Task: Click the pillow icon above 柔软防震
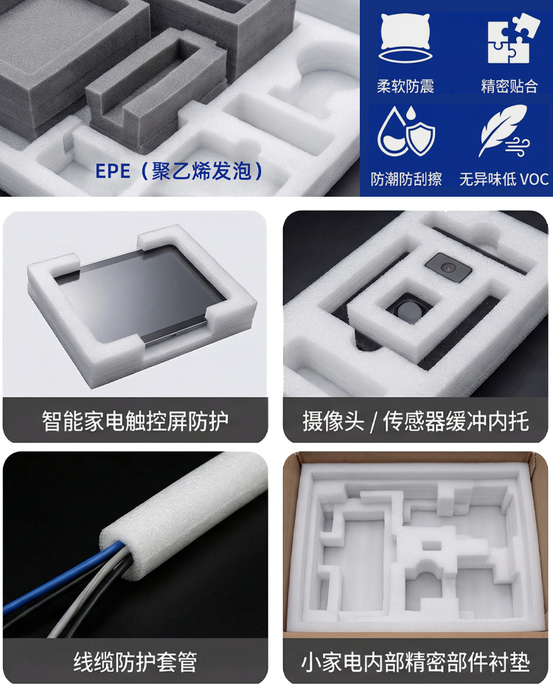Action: click(x=406, y=38)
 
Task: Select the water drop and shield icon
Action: click(x=406, y=131)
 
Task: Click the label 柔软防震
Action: click(x=406, y=86)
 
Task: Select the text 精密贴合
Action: click(x=509, y=86)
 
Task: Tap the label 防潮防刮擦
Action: click(x=406, y=180)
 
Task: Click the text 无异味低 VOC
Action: click(x=504, y=180)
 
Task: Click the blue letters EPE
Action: click(x=113, y=172)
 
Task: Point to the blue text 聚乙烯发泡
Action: click(x=202, y=171)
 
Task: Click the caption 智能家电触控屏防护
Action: click(x=135, y=421)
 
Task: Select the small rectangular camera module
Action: click(x=448, y=267)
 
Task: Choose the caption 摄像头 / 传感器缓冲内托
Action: click(x=415, y=421)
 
